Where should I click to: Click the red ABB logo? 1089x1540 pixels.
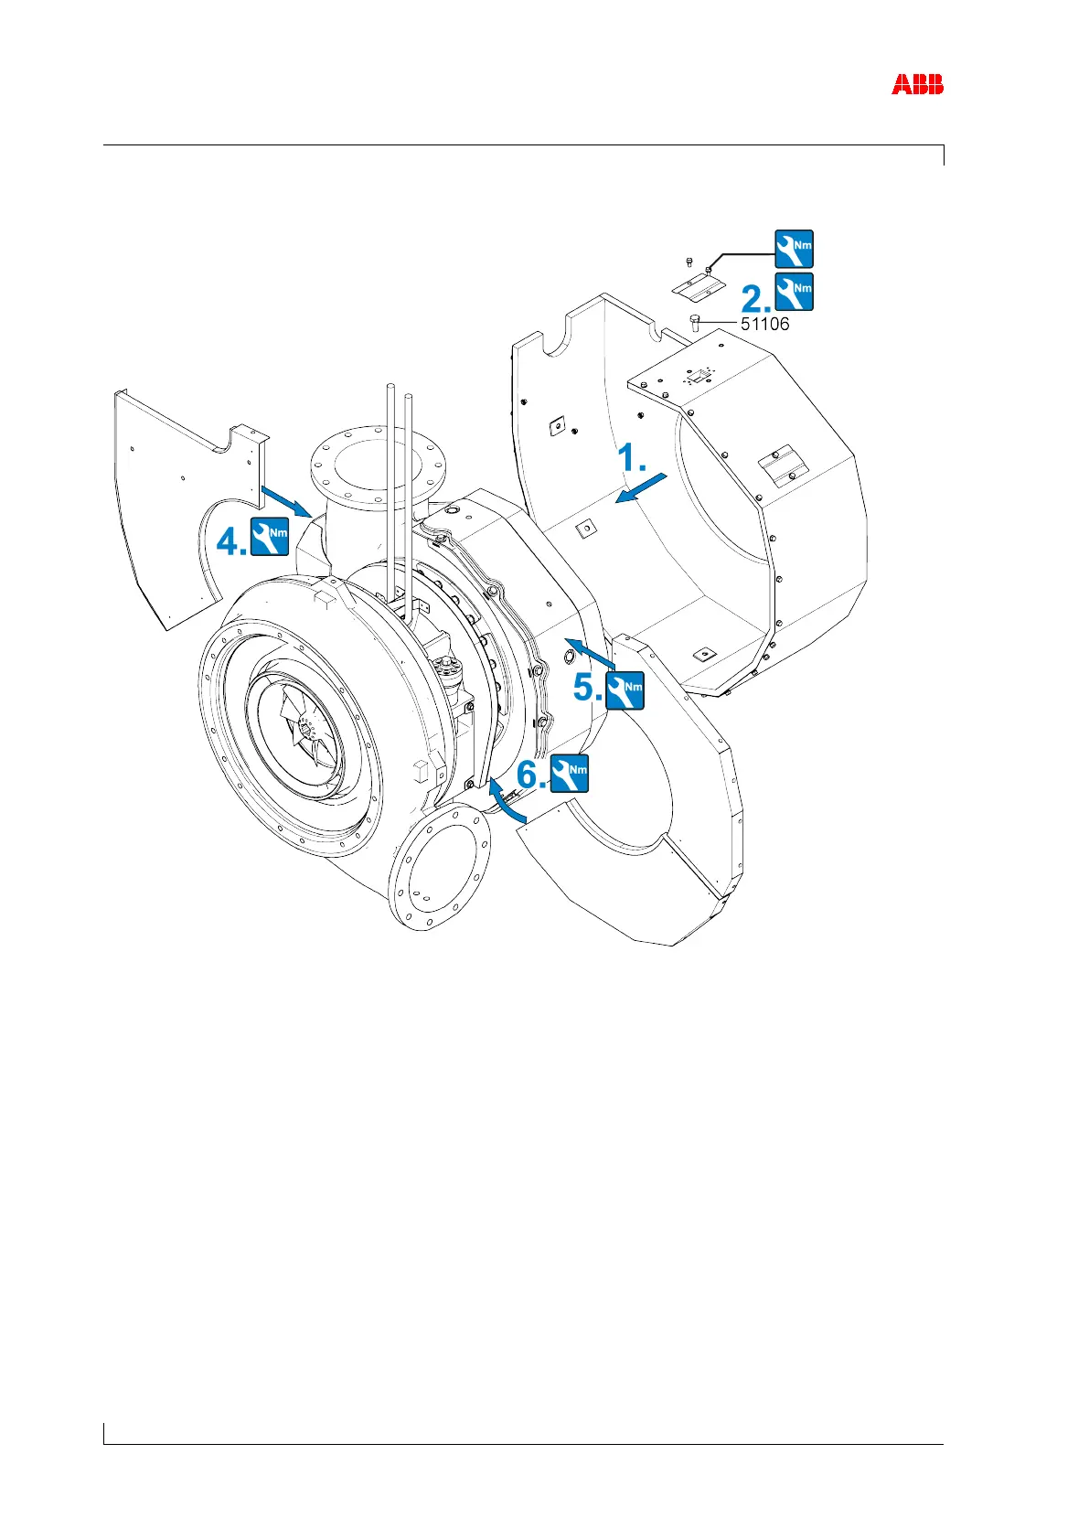(917, 85)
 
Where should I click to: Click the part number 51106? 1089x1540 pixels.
(764, 324)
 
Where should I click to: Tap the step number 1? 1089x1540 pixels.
(632, 459)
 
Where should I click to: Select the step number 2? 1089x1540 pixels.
(755, 298)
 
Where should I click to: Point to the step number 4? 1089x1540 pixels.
(230, 543)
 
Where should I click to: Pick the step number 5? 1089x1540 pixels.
(587, 689)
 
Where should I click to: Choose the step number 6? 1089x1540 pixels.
(531, 775)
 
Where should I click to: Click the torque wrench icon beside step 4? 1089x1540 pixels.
(270, 537)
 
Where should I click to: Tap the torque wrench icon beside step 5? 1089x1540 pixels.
(625, 690)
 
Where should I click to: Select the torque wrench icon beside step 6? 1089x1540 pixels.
(570, 774)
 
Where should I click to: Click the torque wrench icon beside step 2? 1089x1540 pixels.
(794, 292)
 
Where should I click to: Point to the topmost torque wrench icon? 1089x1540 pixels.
(794, 249)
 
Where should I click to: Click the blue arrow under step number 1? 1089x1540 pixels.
(644, 488)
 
